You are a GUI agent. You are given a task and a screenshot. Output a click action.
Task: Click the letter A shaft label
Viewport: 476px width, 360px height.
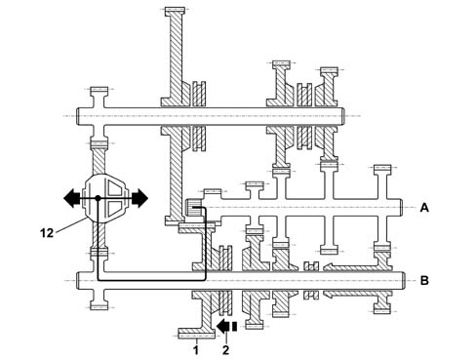tap(424, 208)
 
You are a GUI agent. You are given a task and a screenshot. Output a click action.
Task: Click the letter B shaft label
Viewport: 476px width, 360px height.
tap(424, 280)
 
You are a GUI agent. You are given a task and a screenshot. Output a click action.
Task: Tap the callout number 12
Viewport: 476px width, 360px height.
tap(47, 233)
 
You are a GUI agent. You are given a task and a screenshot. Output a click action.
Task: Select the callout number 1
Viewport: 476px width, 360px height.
tap(196, 350)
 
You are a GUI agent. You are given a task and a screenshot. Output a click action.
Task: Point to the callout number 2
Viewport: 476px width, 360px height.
tap(225, 350)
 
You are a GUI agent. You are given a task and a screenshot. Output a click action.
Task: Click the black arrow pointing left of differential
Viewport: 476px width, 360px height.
tap(71, 198)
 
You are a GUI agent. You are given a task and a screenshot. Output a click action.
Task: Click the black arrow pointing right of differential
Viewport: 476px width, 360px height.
tap(139, 198)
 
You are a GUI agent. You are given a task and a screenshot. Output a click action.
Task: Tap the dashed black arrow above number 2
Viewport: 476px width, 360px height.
tap(226, 327)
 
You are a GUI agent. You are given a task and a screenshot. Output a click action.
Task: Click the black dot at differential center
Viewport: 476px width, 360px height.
tap(98, 198)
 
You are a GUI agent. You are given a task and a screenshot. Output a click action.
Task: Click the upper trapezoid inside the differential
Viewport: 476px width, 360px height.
tap(116, 188)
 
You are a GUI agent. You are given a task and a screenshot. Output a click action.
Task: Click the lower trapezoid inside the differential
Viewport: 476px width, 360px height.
tap(116, 208)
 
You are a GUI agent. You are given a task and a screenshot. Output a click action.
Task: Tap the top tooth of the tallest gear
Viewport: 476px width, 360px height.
tap(175, 11)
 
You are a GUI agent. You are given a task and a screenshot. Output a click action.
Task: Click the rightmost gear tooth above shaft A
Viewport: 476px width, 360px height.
tap(382, 169)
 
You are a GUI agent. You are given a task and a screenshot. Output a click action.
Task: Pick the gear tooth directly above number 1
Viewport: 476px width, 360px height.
tap(197, 334)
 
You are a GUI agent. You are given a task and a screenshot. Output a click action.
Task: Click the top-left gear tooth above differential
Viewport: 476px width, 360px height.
tap(99, 90)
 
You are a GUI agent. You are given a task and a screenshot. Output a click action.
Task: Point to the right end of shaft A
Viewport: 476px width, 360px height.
tap(402, 208)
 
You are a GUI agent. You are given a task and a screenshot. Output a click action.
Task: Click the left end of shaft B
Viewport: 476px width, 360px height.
tap(77, 280)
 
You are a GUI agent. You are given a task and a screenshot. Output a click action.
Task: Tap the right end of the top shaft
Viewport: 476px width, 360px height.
tap(343, 116)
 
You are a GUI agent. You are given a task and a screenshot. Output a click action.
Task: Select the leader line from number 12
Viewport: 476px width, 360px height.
tap(72, 225)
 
